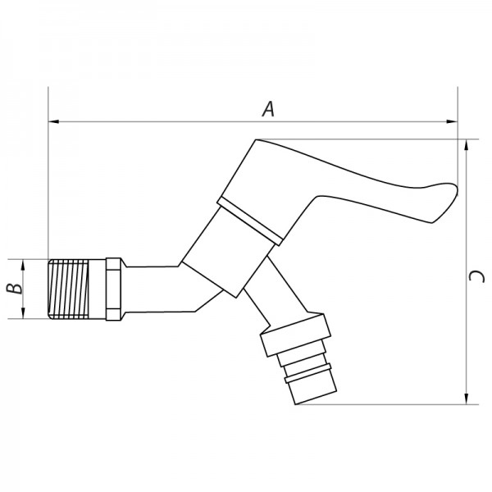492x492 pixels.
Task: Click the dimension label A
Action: pos(266,108)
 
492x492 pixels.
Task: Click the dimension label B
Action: pos(11,289)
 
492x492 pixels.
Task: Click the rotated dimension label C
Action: pos(478,279)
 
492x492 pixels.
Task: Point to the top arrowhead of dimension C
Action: pos(466,144)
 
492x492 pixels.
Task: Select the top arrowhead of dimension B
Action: pos(25,263)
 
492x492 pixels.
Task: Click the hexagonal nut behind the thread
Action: pos(112,289)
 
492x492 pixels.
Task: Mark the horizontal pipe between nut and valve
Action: pos(152,289)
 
